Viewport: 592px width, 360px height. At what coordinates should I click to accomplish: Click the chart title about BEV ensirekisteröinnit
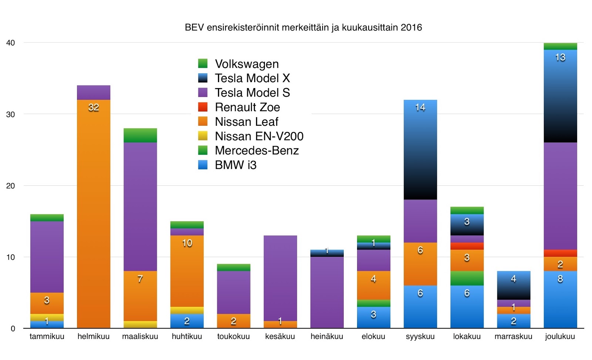click(303, 28)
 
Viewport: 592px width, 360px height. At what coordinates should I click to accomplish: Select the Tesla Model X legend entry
click(252, 78)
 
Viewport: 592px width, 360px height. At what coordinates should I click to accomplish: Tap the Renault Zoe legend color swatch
click(203, 107)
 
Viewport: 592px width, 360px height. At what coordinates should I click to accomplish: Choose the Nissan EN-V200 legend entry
click(259, 136)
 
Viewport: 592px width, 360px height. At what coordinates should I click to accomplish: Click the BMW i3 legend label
click(235, 165)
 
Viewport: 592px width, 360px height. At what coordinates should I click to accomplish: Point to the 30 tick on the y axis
click(10, 114)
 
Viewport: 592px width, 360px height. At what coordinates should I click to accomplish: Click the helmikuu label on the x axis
click(93, 336)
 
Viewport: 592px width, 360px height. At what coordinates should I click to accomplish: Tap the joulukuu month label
click(560, 336)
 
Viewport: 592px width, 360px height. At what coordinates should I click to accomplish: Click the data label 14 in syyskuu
click(420, 107)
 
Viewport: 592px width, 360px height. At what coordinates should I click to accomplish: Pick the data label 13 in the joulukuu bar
click(560, 57)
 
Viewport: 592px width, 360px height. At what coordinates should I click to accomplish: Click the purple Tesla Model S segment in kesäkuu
click(280, 277)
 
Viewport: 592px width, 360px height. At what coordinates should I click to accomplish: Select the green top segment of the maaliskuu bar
click(140, 135)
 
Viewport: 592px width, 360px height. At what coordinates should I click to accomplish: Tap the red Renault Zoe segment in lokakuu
click(467, 246)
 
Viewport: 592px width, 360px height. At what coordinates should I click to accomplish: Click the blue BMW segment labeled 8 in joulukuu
click(560, 300)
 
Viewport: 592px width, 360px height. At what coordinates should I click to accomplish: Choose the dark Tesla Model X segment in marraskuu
click(513, 285)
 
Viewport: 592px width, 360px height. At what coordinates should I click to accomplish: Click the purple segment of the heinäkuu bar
click(327, 292)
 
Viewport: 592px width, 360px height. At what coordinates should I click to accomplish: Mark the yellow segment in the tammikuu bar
click(47, 317)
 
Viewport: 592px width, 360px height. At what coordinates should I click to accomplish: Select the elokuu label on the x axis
click(373, 336)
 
